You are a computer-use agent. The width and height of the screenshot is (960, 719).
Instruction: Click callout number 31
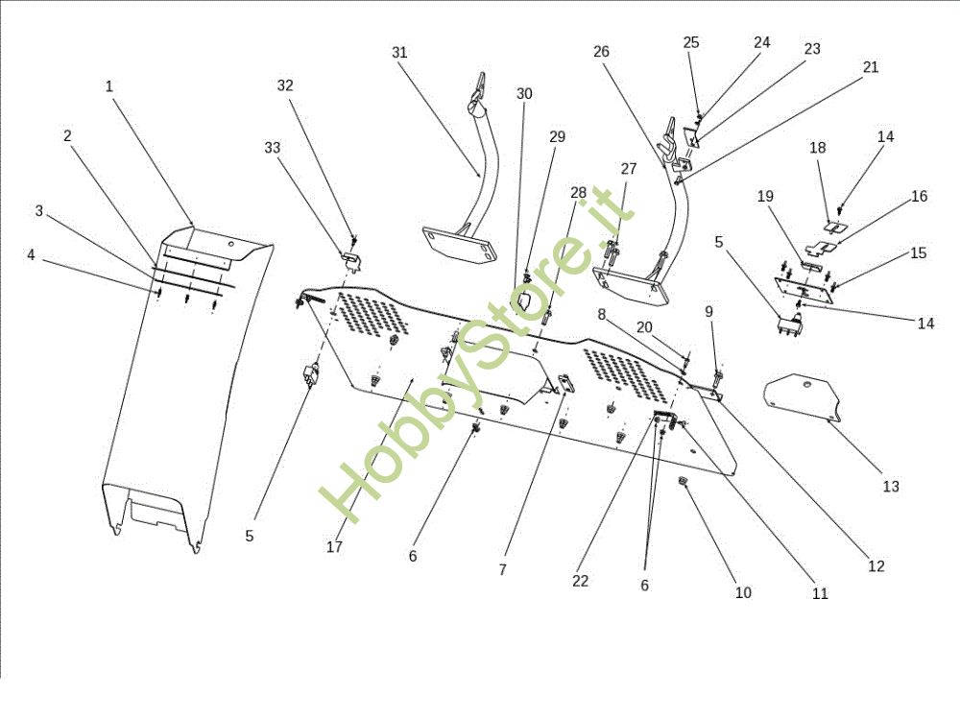click(399, 53)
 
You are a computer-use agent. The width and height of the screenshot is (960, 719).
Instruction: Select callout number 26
click(601, 52)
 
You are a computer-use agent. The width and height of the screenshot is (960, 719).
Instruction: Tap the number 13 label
click(891, 487)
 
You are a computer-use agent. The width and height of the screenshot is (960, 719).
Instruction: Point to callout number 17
click(334, 546)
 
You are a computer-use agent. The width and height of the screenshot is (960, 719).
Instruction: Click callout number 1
click(109, 86)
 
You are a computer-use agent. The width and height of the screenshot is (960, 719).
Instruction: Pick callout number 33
click(273, 148)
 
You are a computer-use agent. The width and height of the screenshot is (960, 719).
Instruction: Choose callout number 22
click(581, 581)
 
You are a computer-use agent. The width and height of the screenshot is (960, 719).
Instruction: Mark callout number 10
click(743, 592)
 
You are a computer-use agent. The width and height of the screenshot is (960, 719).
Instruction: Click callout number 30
click(524, 94)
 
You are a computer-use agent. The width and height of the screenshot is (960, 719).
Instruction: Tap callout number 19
click(765, 196)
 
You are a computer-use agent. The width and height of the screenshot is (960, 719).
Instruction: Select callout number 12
click(876, 566)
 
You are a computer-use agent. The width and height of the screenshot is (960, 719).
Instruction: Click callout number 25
click(690, 42)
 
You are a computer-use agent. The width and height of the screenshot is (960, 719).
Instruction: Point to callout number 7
click(503, 569)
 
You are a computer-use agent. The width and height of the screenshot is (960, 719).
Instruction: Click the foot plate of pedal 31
click(459, 243)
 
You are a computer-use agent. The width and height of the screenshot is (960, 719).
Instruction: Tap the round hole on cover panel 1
click(230, 244)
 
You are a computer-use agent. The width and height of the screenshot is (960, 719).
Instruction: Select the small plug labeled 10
click(683, 482)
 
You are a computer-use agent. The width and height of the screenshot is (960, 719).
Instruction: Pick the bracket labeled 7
click(565, 384)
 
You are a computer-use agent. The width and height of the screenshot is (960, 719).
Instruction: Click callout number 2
click(67, 136)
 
